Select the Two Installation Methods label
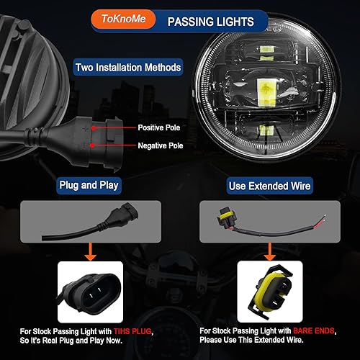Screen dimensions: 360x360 tap(128, 68)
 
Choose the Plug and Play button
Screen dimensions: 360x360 tap(89, 186)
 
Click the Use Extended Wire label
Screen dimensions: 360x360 tap(271, 186)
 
